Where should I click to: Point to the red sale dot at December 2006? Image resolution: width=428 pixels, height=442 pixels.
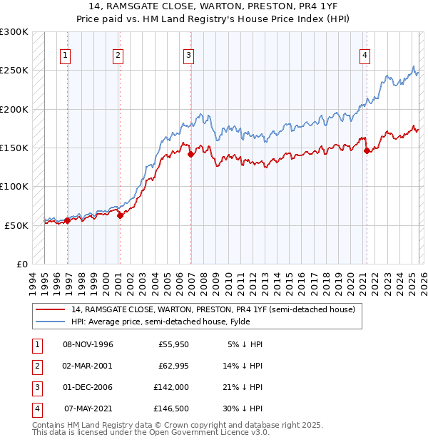point(190,154)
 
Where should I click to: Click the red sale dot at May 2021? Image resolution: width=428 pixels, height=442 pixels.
point(367,150)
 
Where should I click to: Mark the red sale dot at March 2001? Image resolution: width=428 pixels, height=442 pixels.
point(120,215)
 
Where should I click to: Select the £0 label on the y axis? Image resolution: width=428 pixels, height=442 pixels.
point(21,264)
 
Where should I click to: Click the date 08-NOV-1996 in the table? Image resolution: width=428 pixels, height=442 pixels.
point(88,344)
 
